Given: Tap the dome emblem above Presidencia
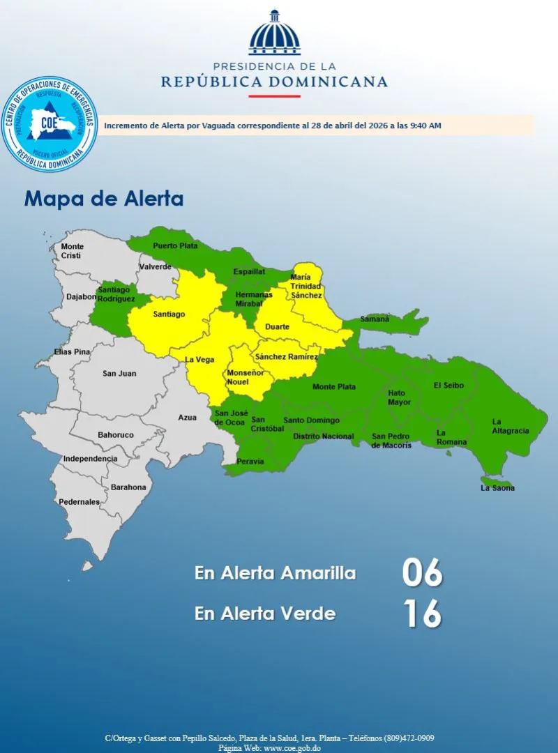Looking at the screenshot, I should point(274,33).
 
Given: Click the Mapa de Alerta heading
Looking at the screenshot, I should point(104,199).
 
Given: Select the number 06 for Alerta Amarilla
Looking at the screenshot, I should point(422,573).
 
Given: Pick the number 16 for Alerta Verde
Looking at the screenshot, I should point(422,614).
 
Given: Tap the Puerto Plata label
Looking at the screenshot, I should point(175,245).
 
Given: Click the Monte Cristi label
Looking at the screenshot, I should point(72,251).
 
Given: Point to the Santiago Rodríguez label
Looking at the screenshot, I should point(116,294).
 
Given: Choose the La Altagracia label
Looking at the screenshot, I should point(511,426).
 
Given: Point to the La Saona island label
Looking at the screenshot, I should point(497,488).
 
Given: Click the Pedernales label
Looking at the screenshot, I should point(79,501).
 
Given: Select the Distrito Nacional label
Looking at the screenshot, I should point(323,436).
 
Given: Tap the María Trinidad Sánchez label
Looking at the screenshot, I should point(306,287).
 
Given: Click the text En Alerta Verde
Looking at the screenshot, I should point(265,614).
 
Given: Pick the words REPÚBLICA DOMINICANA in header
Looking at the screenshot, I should point(274,82).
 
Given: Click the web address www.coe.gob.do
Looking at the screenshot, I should point(291,747).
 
